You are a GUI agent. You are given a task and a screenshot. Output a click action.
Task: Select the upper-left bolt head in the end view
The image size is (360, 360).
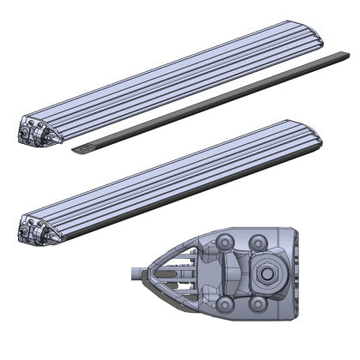point(225,240)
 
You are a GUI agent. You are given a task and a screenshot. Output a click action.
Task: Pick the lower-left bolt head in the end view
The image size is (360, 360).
point(225,304)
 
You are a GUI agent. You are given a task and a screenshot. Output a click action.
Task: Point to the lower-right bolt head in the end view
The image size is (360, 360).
point(258,306)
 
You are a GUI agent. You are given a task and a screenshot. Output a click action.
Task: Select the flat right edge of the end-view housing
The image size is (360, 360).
point(297,273)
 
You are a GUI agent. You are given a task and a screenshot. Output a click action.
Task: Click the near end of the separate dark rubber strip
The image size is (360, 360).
point(80,152)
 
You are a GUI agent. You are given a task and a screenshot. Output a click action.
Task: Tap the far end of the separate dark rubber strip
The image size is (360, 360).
point(346,57)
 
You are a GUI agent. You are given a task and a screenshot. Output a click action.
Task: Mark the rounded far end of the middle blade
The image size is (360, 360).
point(319,133)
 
